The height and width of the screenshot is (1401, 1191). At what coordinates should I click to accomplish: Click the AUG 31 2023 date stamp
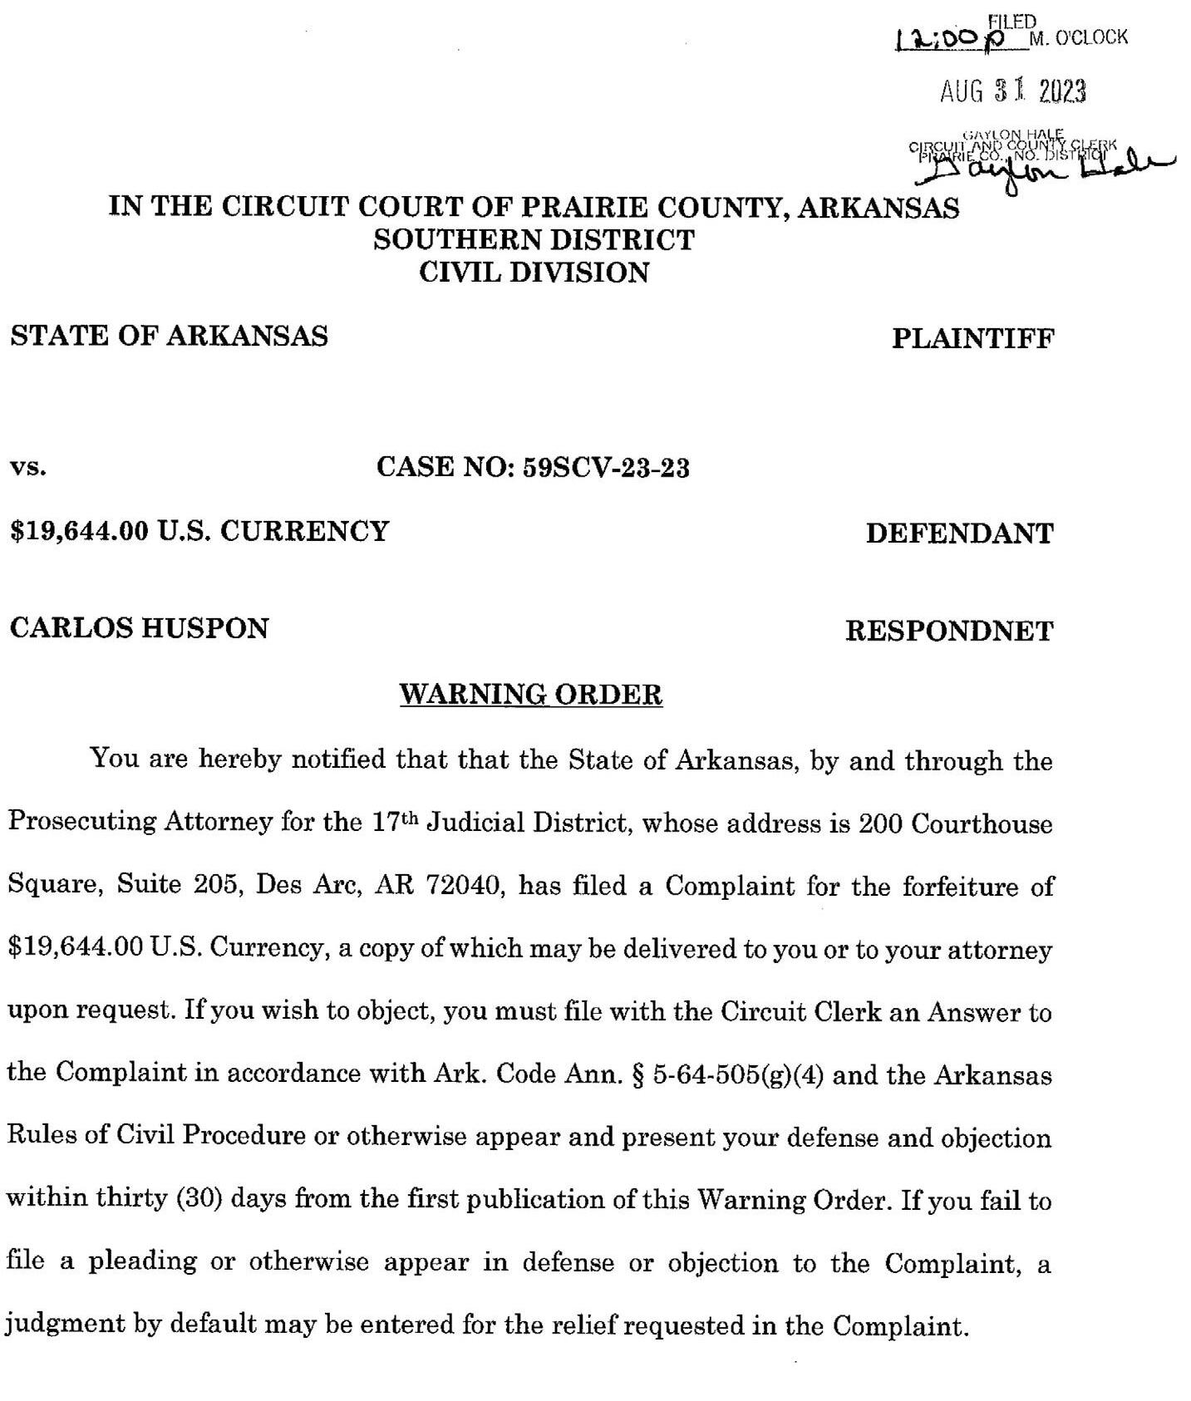tap(1012, 91)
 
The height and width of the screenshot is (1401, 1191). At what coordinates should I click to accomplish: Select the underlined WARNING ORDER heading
tap(531, 694)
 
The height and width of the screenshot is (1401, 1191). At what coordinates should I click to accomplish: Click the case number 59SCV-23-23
tap(606, 468)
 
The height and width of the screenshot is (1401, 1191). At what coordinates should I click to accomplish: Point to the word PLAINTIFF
tap(972, 338)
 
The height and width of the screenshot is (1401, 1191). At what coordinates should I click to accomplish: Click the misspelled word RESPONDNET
tap(948, 631)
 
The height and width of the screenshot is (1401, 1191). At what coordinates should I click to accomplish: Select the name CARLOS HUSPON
tap(140, 627)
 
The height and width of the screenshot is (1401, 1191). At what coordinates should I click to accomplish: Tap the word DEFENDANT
tap(959, 533)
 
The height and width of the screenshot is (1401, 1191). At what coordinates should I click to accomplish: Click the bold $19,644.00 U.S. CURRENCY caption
tap(199, 530)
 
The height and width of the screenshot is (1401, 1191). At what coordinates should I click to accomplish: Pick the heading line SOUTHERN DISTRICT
tap(534, 240)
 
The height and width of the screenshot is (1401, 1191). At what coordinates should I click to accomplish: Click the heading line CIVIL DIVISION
tap(534, 273)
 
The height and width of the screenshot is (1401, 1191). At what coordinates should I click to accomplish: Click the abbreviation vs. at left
tap(27, 468)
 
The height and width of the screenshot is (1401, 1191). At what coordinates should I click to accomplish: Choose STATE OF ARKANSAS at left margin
tap(169, 336)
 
